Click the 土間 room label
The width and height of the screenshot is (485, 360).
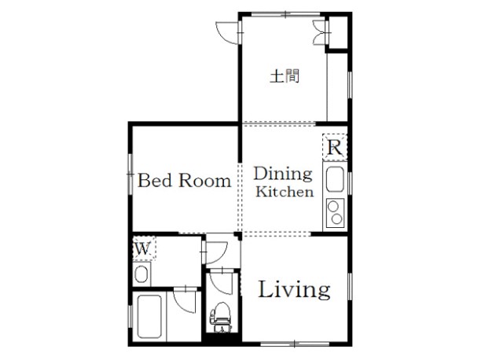[x=285, y=76]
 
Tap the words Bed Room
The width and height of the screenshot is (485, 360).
[x=185, y=180]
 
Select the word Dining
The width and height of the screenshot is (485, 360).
[x=283, y=174]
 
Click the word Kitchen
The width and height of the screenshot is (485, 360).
[x=285, y=192]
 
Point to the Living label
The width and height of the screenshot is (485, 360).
[x=294, y=290]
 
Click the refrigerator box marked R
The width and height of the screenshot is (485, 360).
[x=335, y=147]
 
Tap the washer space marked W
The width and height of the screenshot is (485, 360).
[x=144, y=248]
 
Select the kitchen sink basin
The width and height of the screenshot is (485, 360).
[x=335, y=179]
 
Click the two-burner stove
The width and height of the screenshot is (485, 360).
[x=336, y=213]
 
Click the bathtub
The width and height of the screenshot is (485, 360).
[x=149, y=317]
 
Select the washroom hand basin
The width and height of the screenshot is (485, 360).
[x=141, y=274]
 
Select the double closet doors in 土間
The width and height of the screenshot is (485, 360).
[x=319, y=32]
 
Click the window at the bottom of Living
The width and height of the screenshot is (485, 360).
[x=295, y=343]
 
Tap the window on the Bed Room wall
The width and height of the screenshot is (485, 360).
[x=130, y=174]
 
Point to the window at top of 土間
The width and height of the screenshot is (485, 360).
[x=285, y=14]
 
